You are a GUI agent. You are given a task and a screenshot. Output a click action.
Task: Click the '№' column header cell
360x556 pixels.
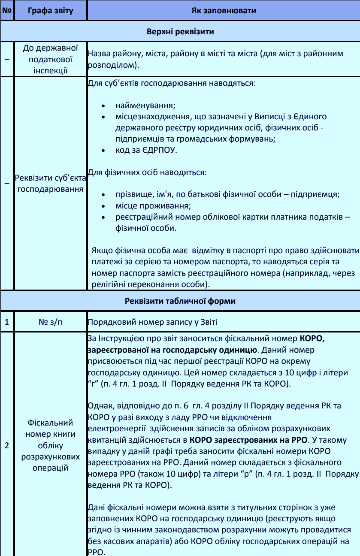(x=7, y=10)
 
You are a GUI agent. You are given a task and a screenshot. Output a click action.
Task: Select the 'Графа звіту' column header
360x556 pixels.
(x=50, y=10)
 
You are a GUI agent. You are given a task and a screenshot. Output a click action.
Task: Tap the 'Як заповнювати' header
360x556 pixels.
(x=223, y=10)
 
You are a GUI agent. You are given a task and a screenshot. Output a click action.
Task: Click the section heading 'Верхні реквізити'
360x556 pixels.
(x=180, y=32)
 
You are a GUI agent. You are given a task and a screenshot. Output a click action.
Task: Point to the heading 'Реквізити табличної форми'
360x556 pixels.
(x=180, y=301)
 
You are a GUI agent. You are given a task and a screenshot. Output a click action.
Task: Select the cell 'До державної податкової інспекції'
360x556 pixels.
(x=50, y=59)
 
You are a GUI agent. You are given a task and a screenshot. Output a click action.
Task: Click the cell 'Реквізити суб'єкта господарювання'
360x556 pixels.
(x=50, y=183)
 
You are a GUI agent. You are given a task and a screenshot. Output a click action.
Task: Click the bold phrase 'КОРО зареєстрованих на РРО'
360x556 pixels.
(x=248, y=440)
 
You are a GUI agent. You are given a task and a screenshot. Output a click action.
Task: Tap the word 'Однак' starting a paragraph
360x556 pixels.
(x=98, y=405)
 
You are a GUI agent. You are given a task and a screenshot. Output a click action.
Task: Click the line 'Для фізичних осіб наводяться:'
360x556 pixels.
(x=147, y=173)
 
